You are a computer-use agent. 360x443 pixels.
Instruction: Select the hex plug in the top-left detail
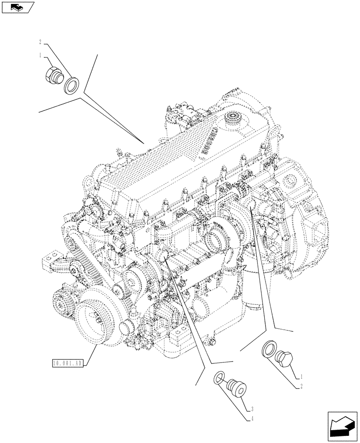coord(53,76)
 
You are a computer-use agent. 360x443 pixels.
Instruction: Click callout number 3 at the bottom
coord(252,409)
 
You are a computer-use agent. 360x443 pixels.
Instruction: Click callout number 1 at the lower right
coord(301,377)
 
